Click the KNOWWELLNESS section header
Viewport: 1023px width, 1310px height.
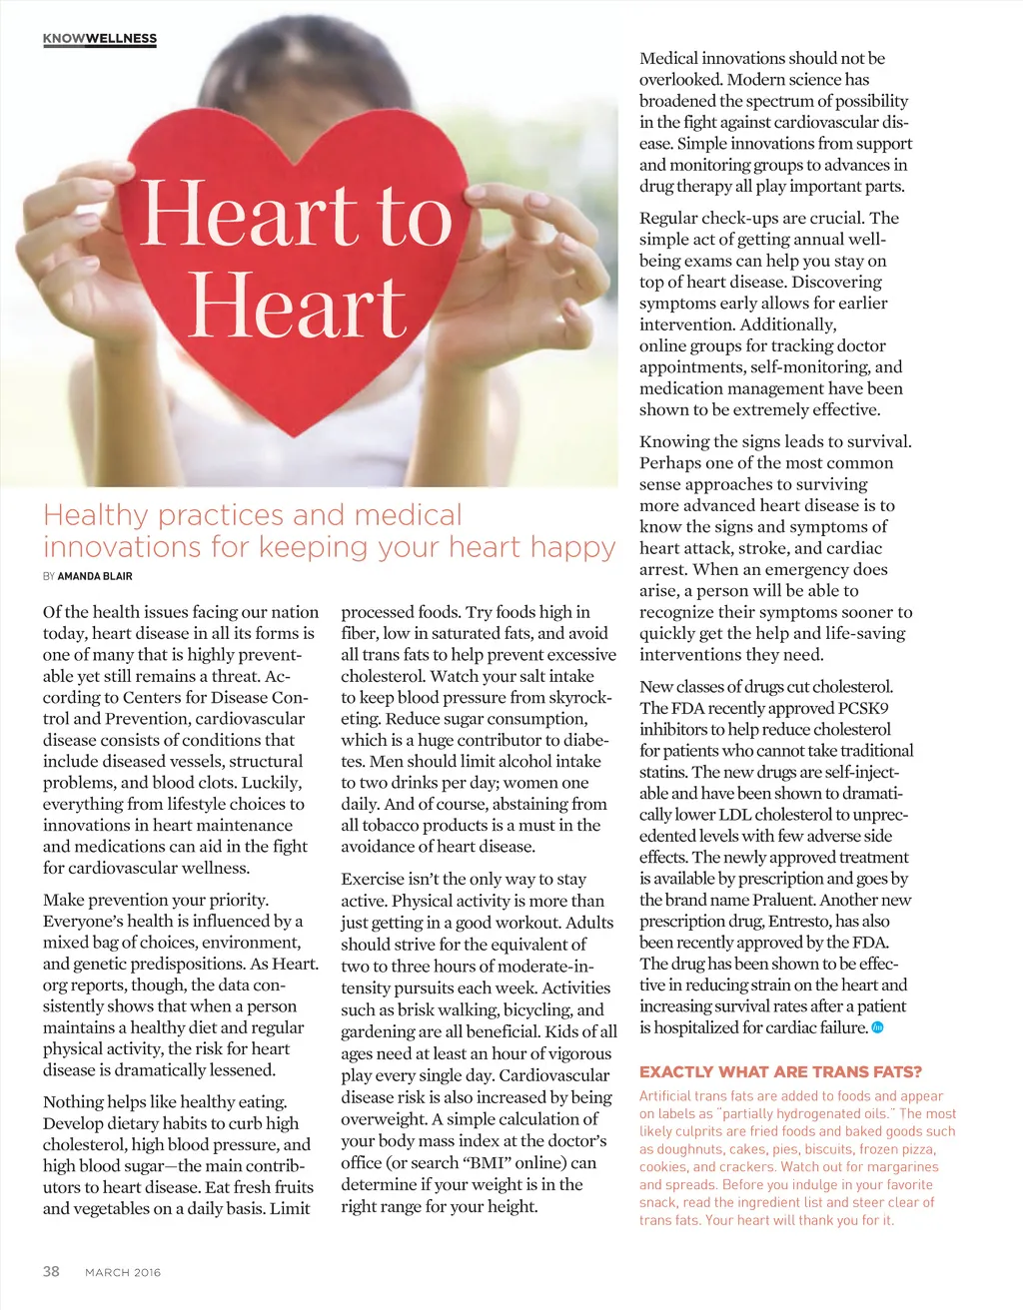pos(100,39)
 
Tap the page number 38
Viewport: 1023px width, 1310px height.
pos(51,1271)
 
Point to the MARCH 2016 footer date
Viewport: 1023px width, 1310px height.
pos(123,1272)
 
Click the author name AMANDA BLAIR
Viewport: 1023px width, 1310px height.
pos(95,576)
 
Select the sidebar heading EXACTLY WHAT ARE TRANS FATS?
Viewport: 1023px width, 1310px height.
pos(780,1072)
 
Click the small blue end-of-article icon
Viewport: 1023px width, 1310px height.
pos(878,1027)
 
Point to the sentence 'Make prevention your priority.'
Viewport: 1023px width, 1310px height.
pos(156,900)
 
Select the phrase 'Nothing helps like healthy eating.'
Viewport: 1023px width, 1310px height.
pos(165,1102)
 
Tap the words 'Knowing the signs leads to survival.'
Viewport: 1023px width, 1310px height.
pos(775,441)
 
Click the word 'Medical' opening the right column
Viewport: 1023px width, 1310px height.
pos(668,58)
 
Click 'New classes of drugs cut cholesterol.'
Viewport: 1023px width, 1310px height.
pos(766,687)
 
